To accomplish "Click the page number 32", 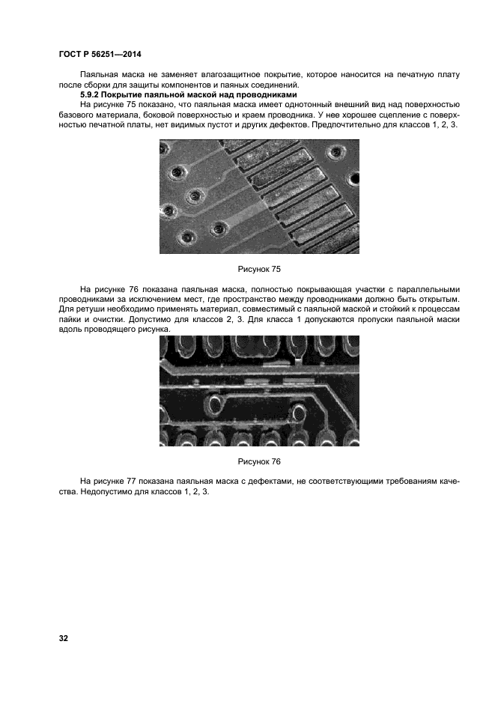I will (x=63, y=638).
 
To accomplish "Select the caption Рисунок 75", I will (x=259, y=267).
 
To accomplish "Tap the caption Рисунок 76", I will (x=259, y=461).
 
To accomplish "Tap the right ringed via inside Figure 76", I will (x=299, y=412).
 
